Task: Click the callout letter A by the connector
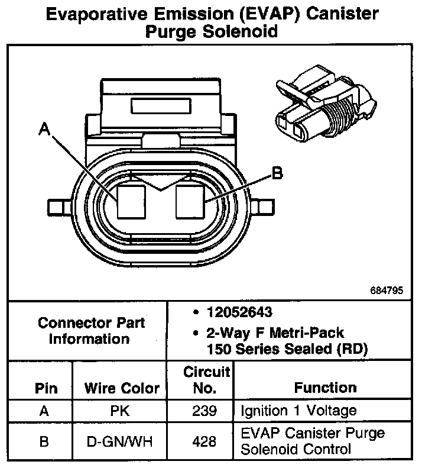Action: tap(44, 127)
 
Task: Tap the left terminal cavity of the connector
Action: tap(131, 201)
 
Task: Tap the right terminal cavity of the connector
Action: tap(190, 201)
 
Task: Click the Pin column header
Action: tap(46, 388)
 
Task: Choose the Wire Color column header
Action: tap(122, 388)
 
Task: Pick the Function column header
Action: tap(325, 388)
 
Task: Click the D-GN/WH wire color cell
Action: tap(122, 441)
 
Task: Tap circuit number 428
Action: tap(204, 441)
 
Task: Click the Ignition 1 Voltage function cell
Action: tap(298, 411)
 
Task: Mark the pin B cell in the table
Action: tap(44, 441)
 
